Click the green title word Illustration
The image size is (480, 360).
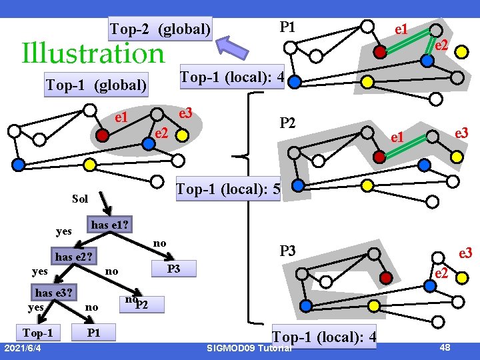pos(93,53)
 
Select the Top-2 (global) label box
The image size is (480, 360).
pos(161,29)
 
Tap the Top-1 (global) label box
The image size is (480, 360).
pos(96,85)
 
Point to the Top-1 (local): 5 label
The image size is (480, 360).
pos(227,190)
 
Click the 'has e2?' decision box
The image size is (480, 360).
pos(75,256)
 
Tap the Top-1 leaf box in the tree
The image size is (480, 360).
pos(38,332)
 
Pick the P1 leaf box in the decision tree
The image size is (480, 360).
pos(94,332)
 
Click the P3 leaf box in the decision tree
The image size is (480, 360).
pos(173,269)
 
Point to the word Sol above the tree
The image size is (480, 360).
pos(80,199)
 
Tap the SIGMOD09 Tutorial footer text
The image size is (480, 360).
pos(249,349)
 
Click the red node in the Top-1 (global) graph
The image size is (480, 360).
pos(102,134)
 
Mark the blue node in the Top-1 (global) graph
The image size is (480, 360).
pos(19,163)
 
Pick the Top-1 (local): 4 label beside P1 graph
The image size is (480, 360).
pos(233,78)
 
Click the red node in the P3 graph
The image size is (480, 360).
pos(383,277)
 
